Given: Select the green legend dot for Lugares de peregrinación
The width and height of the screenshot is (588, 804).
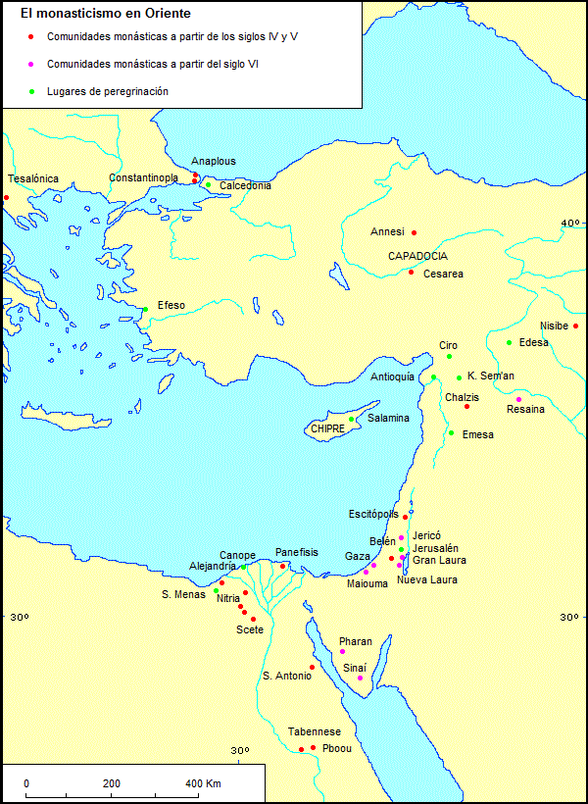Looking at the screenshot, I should pyautogui.click(x=32, y=92).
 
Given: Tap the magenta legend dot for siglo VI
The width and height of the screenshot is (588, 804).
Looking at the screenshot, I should pyautogui.click(x=32, y=65).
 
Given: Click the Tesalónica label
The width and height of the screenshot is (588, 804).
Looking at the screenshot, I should pyautogui.click(x=33, y=179).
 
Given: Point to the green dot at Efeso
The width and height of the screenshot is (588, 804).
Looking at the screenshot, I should pyautogui.click(x=146, y=310).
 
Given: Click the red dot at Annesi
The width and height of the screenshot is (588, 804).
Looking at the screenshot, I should pyautogui.click(x=415, y=232).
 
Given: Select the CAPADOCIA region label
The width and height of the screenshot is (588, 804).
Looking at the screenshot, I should pyautogui.click(x=417, y=257).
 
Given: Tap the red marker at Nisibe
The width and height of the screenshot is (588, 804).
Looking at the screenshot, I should pyautogui.click(x=576, y=327).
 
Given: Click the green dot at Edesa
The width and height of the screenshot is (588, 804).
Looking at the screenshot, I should pyautogui.click(x=509, y=343).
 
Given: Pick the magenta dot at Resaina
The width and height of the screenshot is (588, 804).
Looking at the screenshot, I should pyautogui.click(x=518, y=399).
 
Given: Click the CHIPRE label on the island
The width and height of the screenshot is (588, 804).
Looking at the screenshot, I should pyautogui.click(x=326, y=429).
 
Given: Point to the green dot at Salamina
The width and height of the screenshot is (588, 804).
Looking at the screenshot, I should pyautogui.click(x=352, y=420).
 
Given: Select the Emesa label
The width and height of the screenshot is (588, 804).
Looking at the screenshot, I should pyautogui.click(x=477, y=435).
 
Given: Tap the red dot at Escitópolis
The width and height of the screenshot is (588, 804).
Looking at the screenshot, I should pyautogui.click(x=405, y=517).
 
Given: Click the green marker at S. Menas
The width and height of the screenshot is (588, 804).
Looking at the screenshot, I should pyautogui.click(x=217, y=590).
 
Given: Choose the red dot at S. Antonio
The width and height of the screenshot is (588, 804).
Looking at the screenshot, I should pyautogui.click(x=312, y=668).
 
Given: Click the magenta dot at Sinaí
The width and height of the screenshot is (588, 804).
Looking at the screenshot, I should pyautogui.click(x=360, y=678).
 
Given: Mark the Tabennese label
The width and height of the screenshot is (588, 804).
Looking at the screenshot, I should pyautogui.click(x=314, y=732).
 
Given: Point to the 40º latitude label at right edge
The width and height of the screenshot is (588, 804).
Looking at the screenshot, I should pyautogui.click(x=569, y=225).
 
